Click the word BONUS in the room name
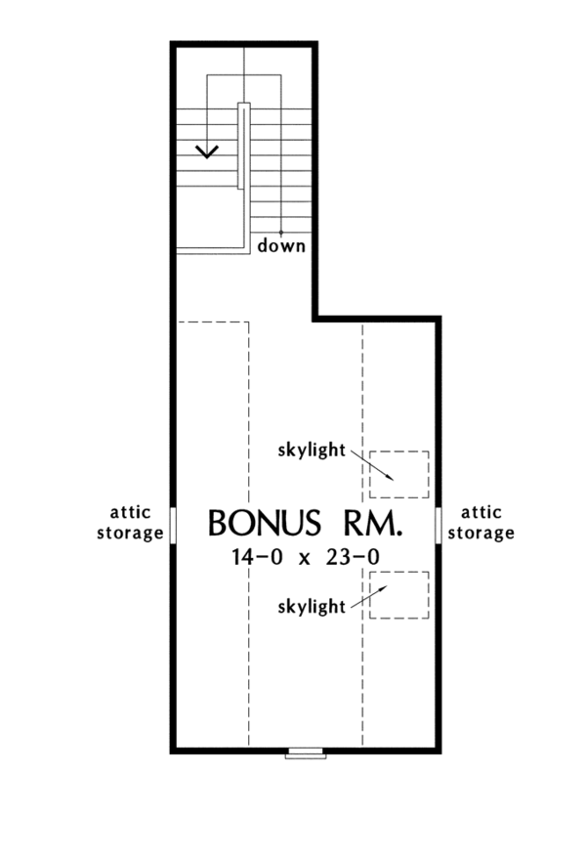pos(259,524)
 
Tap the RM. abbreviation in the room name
pos(369,524)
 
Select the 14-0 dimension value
pos(250,558)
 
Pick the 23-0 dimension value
pos(356,558)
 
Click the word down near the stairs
pos(281,246)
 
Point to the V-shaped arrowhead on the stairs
pos(207,150)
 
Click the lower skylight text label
pos(312,607)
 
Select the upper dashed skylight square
pos(399,474)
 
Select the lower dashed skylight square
pos(399,595)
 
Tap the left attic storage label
pos(136,525)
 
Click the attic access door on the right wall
pos(438,524)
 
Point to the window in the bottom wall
pos(305,752)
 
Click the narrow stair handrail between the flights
pos(243,145)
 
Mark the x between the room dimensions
pos(303,559)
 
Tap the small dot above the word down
pos(281,232)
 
